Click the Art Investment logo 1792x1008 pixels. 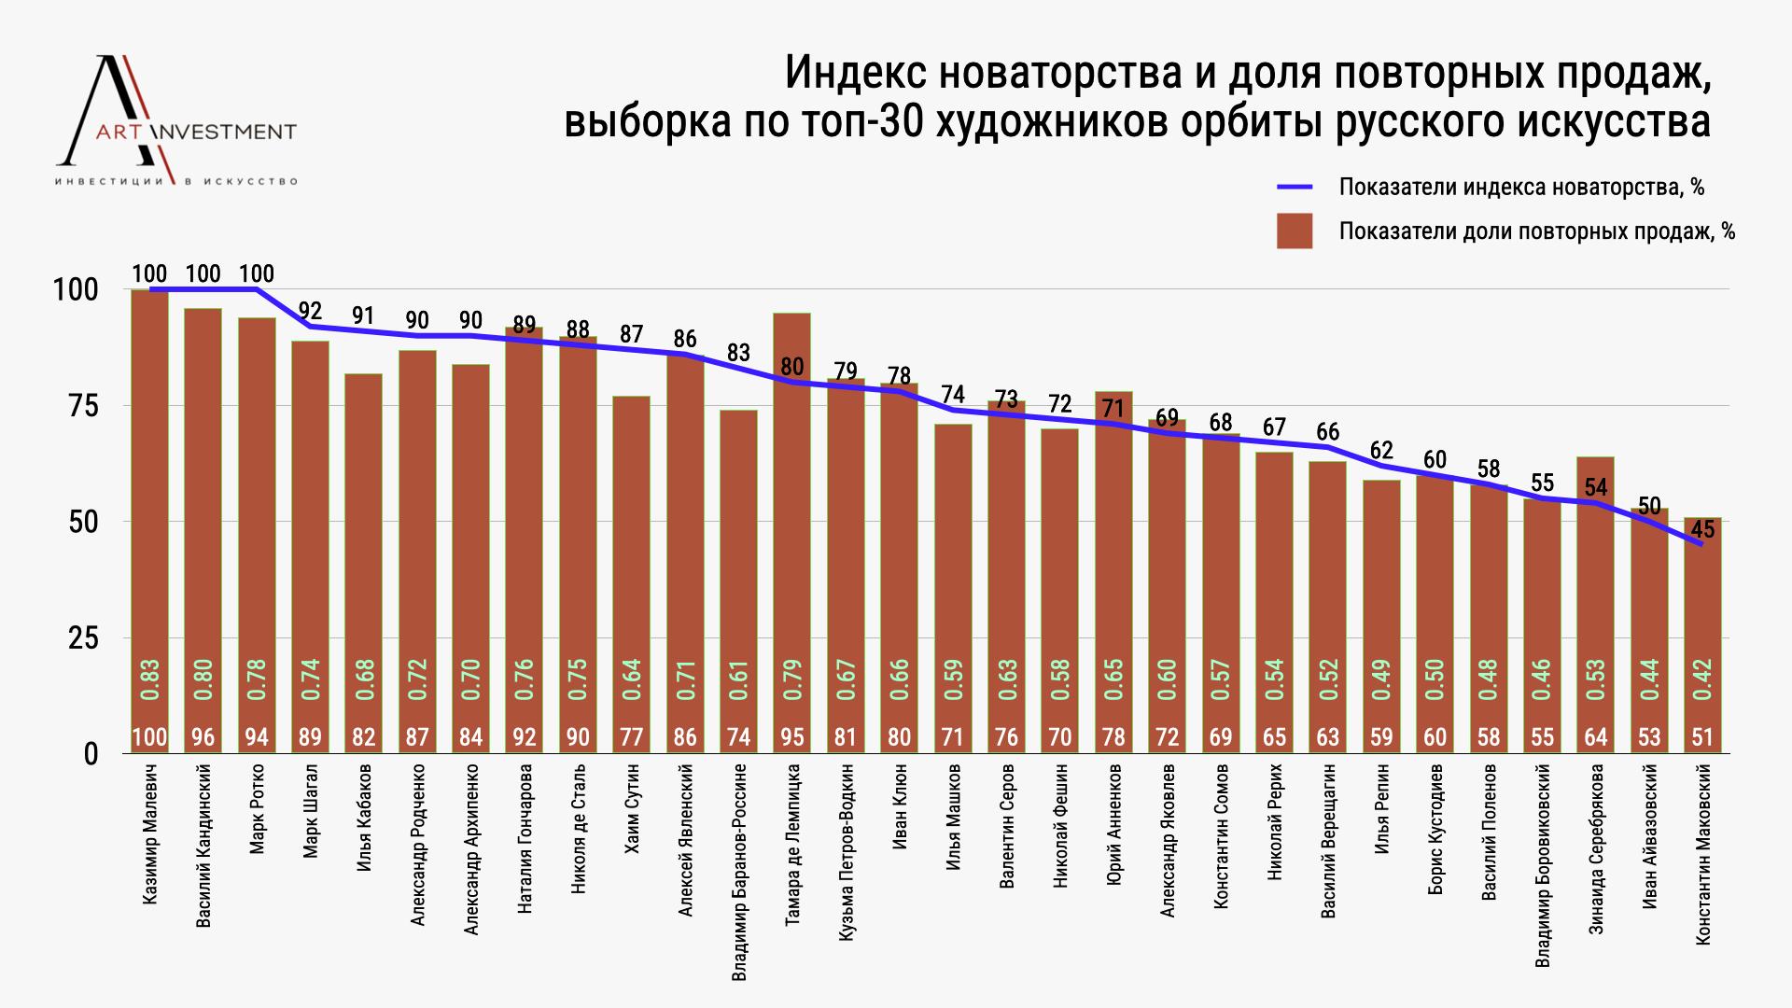[x=177, y=121]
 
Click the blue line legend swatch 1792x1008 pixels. [x=1295, y=187]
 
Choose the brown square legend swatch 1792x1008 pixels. [x=1295, y=231]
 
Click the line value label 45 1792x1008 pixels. [x=1702, y=531]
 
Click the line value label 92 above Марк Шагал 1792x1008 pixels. [x=310, y=311]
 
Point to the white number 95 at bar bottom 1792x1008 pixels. [x=792, y=737]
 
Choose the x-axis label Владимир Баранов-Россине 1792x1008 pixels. [x=739, y=873]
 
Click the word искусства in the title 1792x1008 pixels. [x=1618, y=122]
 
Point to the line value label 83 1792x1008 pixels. [x=738, y=353]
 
